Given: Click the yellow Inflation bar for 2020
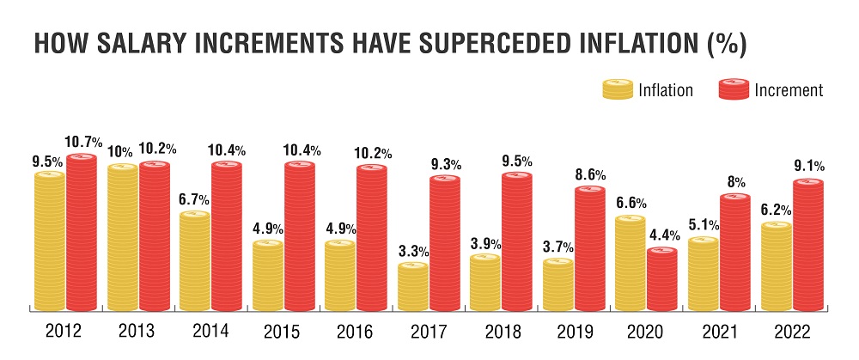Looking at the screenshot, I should pos(630,263).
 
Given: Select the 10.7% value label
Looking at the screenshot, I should pos(85,141).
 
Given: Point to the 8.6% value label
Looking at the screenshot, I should pos(591,174).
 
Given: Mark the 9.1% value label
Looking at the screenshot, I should pos(809,167).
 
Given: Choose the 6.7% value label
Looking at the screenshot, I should pos(195,199).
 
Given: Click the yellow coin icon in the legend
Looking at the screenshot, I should pos(615,89).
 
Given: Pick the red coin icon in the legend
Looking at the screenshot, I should pos(732,89).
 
